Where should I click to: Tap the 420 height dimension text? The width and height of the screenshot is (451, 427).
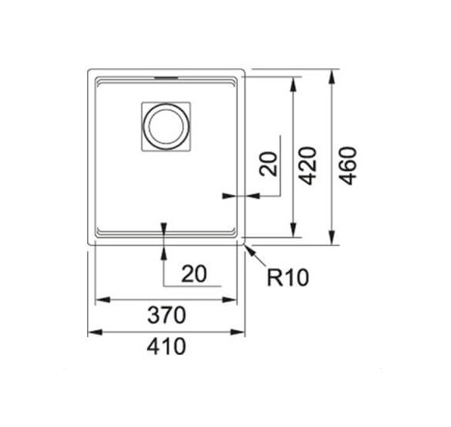308,165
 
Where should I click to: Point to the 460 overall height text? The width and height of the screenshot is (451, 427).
348,165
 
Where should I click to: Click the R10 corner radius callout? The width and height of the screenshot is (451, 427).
287,276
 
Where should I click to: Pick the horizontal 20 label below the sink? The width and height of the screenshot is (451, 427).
194,274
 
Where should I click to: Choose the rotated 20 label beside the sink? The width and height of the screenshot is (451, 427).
268,165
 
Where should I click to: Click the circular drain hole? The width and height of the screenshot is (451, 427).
166,126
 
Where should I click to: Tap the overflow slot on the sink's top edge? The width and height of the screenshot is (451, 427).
166,78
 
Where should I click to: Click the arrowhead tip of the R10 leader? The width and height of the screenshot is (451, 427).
246,245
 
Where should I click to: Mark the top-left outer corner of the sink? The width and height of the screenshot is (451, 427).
88,71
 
